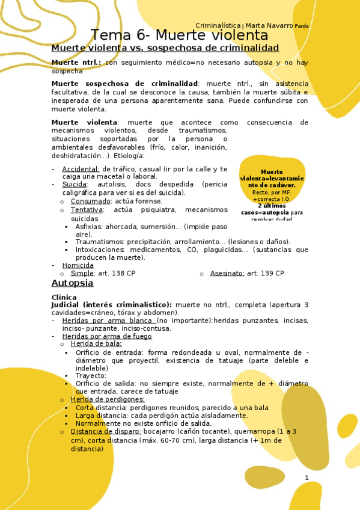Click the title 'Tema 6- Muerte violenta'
click(179, 35)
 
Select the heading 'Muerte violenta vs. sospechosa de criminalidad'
click(165, 48)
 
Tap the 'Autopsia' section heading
click(72, 282)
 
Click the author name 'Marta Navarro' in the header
click(269, 25)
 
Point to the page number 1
click(307, 478)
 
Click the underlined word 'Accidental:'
click(81, 169)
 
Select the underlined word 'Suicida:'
click(75, 185)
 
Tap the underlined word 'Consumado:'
click(90, 201)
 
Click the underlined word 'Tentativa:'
click(87, 210)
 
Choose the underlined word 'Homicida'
click(78, 265)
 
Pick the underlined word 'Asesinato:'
click(227, 273)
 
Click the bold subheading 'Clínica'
click(64, 297)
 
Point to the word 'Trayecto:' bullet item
click(91, 375)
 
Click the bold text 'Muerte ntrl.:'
click(76, 63)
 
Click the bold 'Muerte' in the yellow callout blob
click(272, 171)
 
